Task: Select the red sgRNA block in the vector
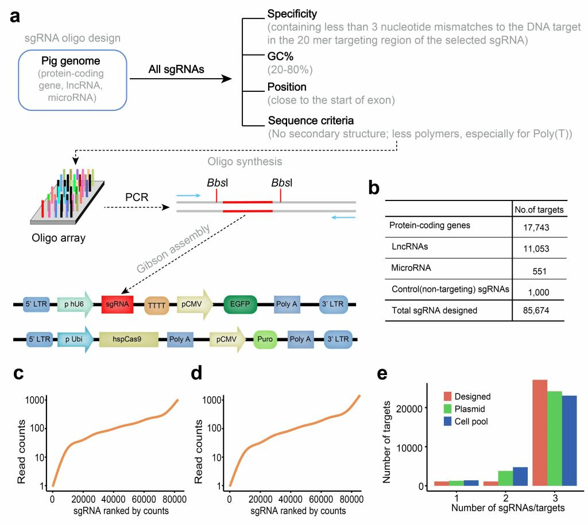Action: pyautogui.click(x=117, y=304)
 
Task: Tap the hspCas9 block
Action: pyautogui.click(x=128, y=339)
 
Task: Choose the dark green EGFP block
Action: pyautogui.click(x=241, y=304)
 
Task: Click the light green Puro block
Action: pyautogui.click(x=265, y=339)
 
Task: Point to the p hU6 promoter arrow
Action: pyautogui.click(x=74, y=304)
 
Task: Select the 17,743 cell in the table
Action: pyautogui.click(x=537, y=228)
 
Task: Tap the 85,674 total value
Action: pyautogui.click(x=537, y=311)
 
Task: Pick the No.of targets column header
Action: pyautogui.click(x=539, y=210)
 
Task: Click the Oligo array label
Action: pyautogui.click(x=59, y=238)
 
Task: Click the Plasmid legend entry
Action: pyautogui.click(x=470, y=409)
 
